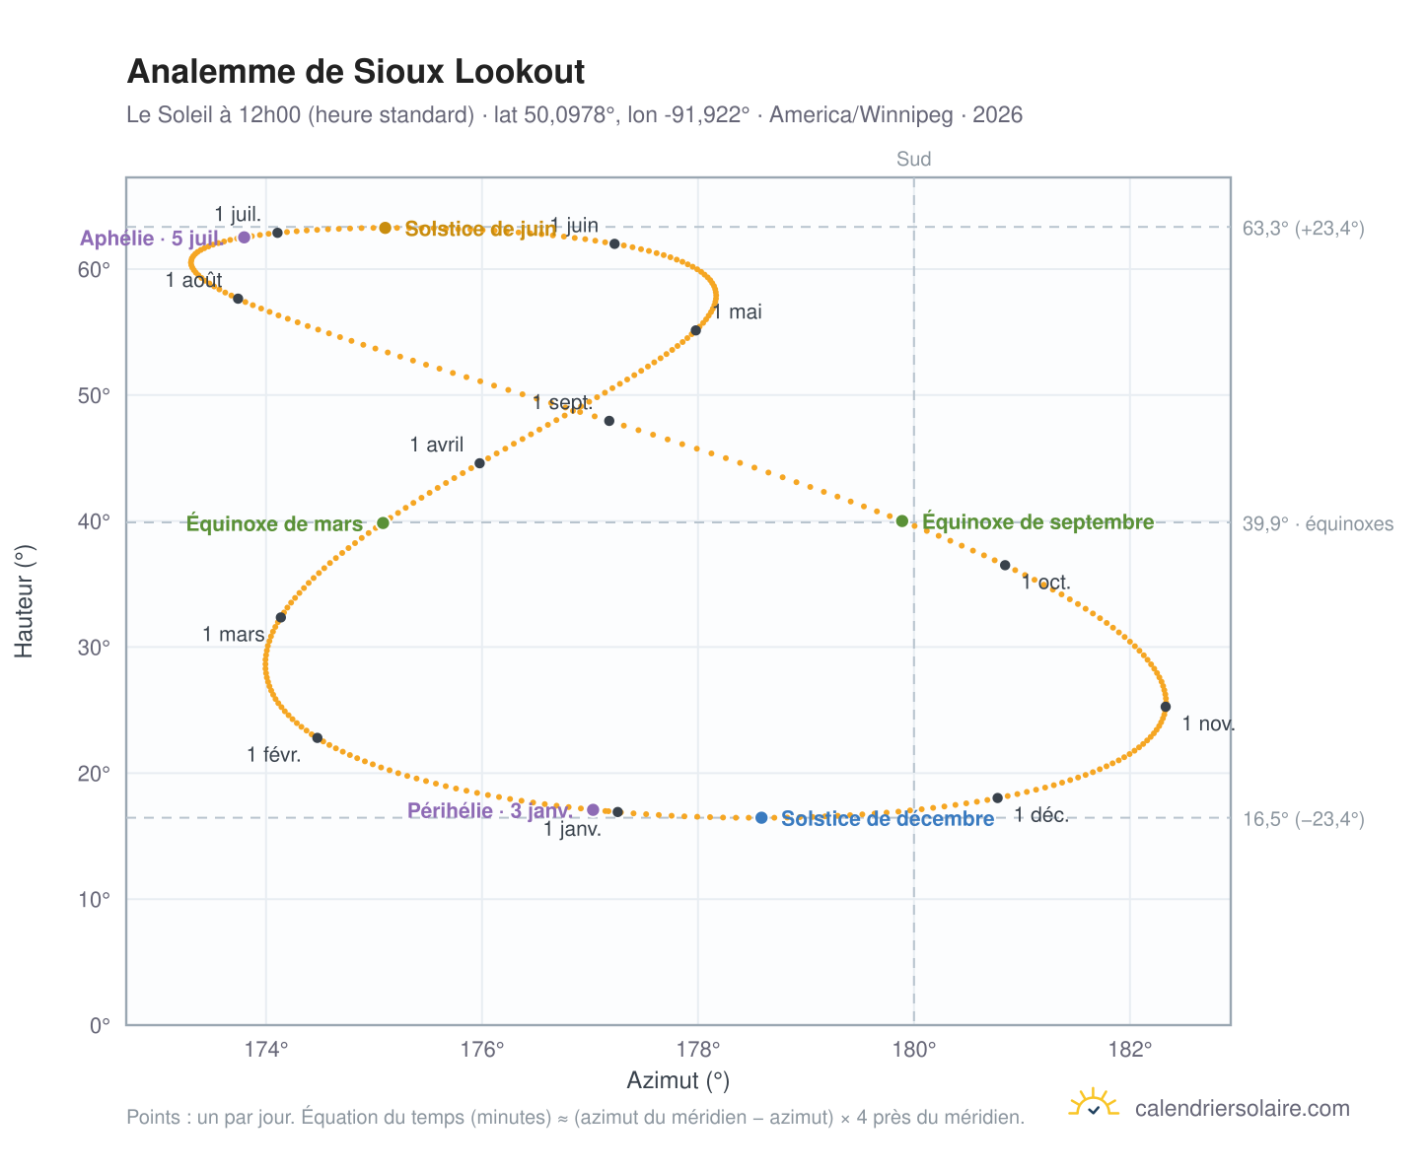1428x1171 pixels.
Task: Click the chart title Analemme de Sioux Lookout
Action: [355, 71]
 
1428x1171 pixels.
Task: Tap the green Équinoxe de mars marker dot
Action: [383, 522]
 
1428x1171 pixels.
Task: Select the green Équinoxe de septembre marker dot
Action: [902, 520]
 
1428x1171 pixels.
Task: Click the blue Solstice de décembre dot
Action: [761, 818]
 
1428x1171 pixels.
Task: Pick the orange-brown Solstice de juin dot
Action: [385, 228]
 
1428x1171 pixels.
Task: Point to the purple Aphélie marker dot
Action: [244, 237]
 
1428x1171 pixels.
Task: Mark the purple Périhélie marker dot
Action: [593, 809]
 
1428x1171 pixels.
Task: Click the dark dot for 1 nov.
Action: [1166, 707]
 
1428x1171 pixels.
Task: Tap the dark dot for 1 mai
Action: [695, 330]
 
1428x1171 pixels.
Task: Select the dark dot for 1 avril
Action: [479, 463]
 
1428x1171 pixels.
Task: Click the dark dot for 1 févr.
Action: [317, 738]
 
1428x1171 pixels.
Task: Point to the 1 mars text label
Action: [234, 634]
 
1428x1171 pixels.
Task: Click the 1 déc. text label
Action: [1040, 815]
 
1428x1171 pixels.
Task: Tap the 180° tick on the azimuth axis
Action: [913, 1049]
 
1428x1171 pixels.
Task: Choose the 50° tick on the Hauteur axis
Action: [94, 395]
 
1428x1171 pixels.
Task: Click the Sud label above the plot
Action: [913, 159]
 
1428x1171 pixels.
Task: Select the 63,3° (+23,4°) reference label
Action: [1303, 228]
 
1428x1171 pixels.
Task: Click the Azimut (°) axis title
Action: [678, 1080]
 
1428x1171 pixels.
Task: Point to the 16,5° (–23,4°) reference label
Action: [1303, 819]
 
